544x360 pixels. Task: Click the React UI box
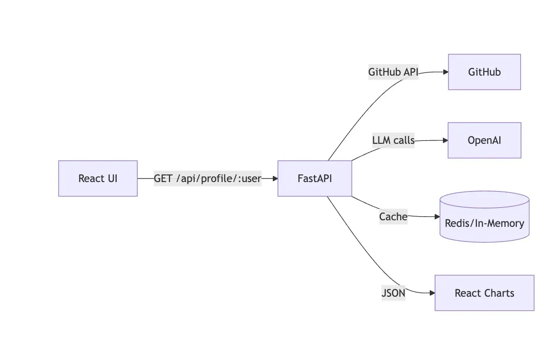(x=98, y=178)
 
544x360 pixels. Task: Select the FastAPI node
(x=315, y=178)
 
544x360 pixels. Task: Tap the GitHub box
(x=484, y=72)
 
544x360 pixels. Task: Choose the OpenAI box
(x=484, y=140)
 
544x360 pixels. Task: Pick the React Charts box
(x=484, y=293)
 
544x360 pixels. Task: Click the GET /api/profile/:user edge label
(x=207, y=179)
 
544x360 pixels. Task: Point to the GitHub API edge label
(x=393, y=72)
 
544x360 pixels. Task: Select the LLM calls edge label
(x=393, y=141)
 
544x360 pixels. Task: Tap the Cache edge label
(x=393, y=217)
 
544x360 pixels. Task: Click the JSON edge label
(x=393, y=293)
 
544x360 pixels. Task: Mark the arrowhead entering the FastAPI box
(x=275, y=179)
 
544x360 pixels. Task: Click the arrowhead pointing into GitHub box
(x=445, y=72)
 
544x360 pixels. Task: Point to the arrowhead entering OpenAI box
(x=445, y=140)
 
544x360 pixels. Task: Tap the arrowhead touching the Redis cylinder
(x=437, y=217)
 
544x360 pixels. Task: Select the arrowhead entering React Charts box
(x=432, y=293)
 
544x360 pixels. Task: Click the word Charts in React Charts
(x=499, y=293)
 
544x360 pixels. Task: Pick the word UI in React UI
(x=113, y=179)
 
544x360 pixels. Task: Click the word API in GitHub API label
(x=410, y=72)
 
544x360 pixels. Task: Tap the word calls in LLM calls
(x=404, y=141)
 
